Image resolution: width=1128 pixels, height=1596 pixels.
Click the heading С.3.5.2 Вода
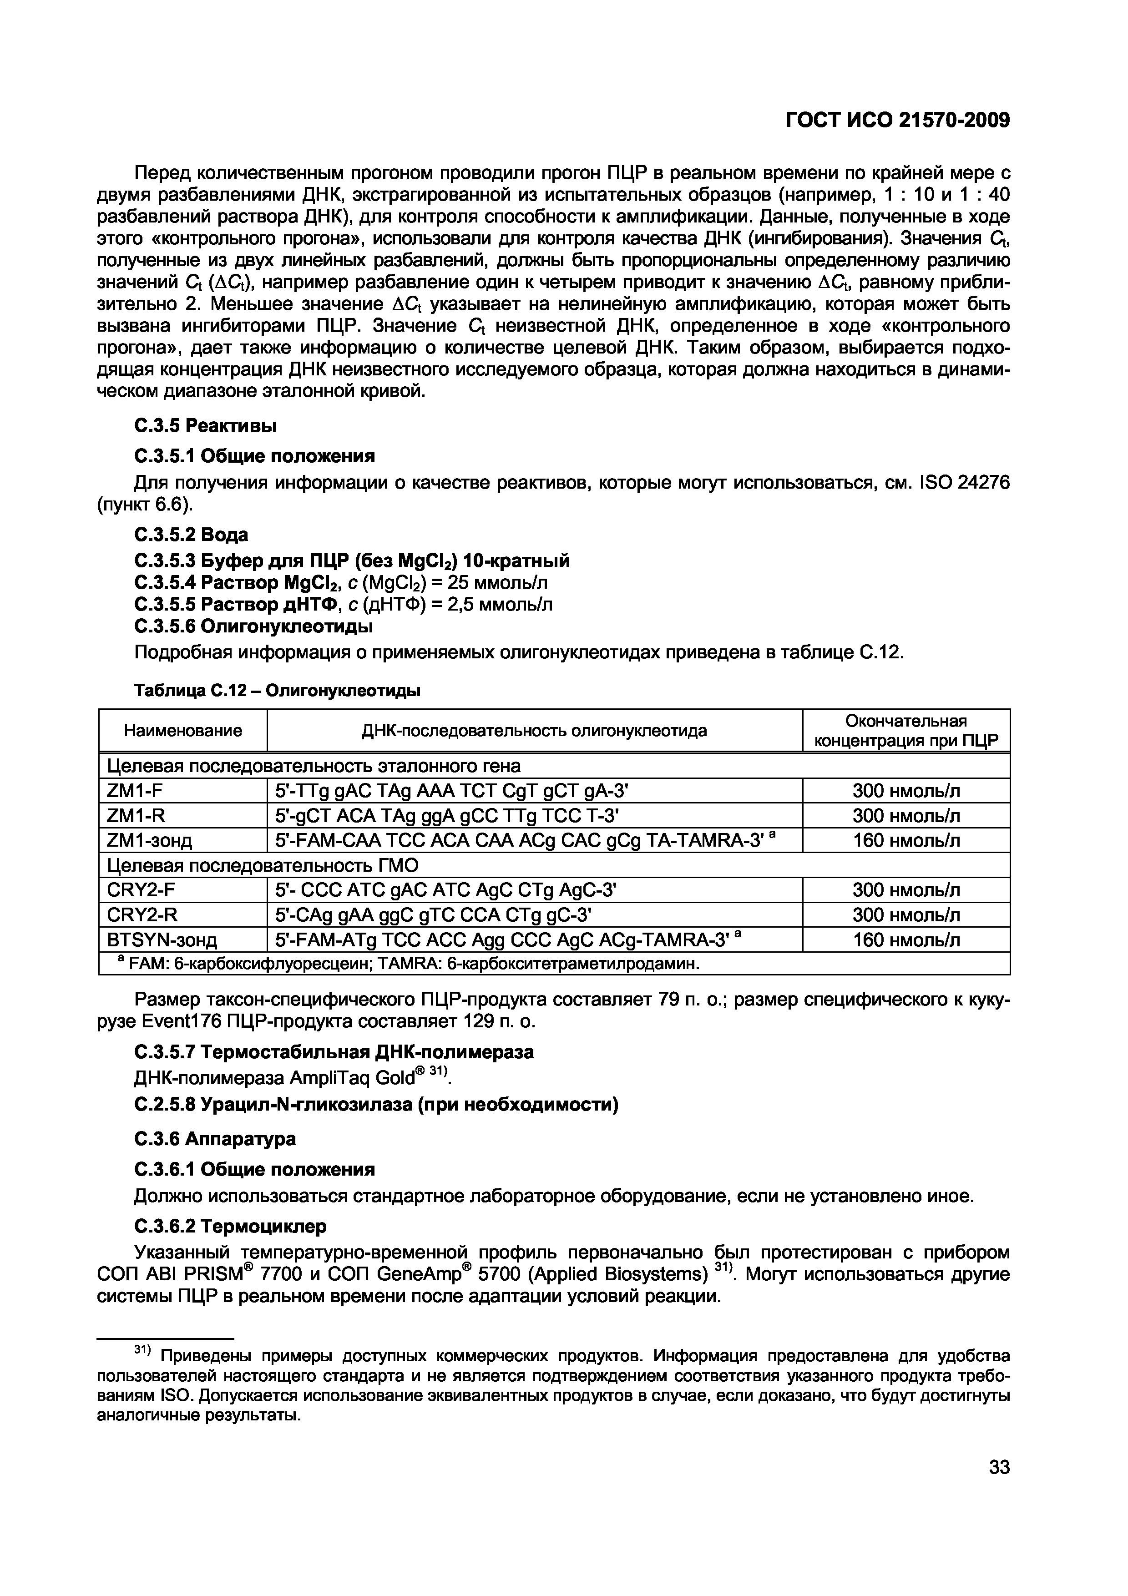[191, 535]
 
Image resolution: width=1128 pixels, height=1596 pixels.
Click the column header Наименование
[183, 731]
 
